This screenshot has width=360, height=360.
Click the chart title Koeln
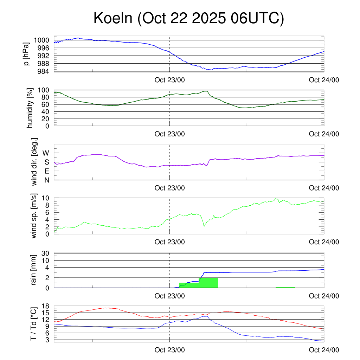pos(188,18)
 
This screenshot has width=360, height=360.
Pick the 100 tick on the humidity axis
pos(45,90)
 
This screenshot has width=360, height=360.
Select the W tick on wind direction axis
pos(46,153)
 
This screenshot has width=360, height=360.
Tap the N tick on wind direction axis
pos(46,180)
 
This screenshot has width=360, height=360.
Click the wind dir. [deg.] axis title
pos(34,162)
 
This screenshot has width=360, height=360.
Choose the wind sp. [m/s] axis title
pos(34,216)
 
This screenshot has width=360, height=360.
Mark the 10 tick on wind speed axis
pos(46,198)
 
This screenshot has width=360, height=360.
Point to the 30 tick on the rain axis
pos(46,253)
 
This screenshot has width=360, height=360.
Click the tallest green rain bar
pos(208,283)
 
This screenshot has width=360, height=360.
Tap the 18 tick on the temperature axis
pos(46,306)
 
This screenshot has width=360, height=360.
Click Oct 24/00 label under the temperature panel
pos(324,350)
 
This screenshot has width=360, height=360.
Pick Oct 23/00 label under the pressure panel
pos(169,80)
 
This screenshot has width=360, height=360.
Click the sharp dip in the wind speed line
pos(204,226)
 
